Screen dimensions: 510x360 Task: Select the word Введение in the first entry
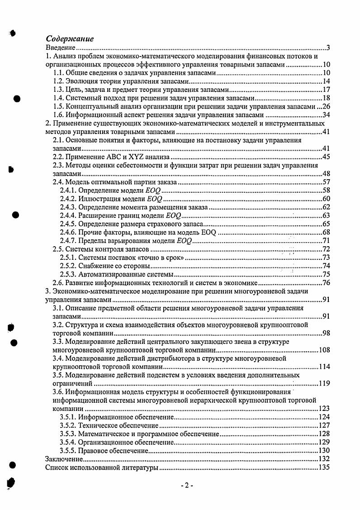point(60,48)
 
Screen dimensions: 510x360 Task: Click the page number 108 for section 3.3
point(324,350)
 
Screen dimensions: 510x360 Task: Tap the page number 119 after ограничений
point(324,383)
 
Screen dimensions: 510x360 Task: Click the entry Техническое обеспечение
point(118,425)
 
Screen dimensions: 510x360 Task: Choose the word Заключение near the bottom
point(64,459)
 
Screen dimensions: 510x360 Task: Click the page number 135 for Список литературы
point(324,467)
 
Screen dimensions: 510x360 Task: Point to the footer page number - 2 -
point(186,486)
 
